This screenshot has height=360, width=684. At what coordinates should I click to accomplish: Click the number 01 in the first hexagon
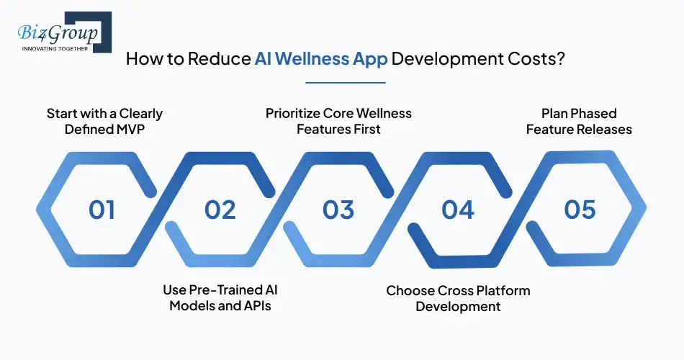coord(102,210)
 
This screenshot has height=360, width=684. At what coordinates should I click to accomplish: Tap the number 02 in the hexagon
coord(220,210)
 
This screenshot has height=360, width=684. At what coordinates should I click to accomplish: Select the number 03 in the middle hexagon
coord(338,210)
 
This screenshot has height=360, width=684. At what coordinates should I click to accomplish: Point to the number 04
coord(458,210)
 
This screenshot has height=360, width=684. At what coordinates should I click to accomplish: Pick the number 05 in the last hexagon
coord(580,210)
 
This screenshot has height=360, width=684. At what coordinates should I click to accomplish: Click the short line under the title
coord(345,82)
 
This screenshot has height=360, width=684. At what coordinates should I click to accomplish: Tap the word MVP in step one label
coord(140,130)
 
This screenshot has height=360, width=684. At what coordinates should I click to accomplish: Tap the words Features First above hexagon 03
coord(338,130)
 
